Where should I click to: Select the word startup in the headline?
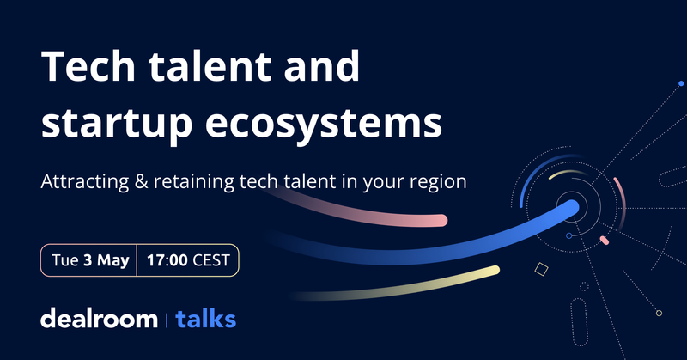coord(120,121)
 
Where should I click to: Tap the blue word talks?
coord(205,320)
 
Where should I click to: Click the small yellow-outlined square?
coord(541,270)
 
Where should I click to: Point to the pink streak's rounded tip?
coord(440,220)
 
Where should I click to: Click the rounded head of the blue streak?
coord(567,207)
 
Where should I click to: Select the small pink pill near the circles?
coord(604,240)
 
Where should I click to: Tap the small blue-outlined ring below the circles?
coord(568,235)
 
